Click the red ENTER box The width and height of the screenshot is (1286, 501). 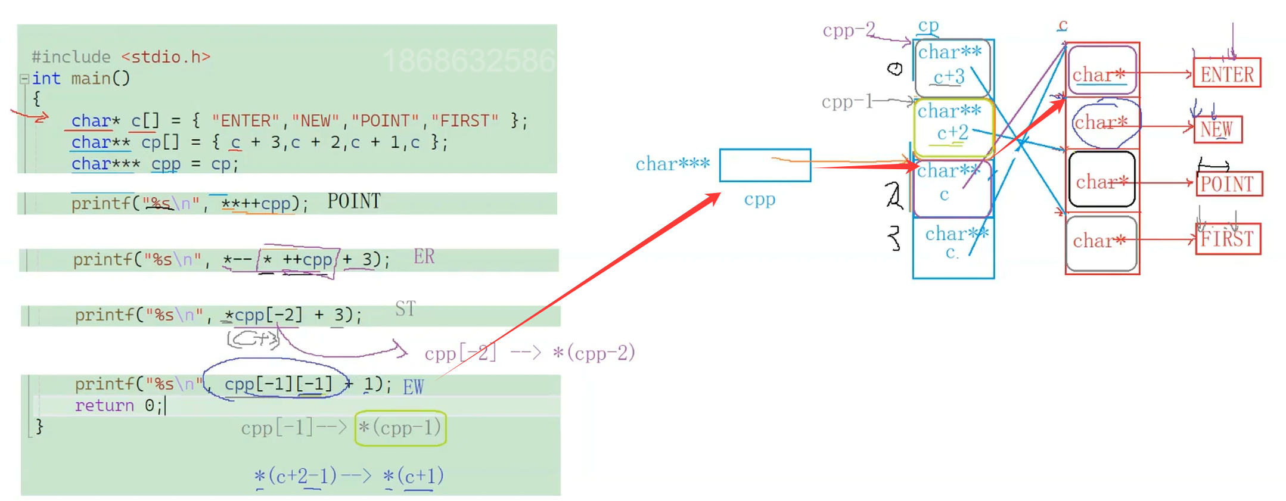coord(1226,73)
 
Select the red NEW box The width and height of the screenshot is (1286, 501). coord(1217,129)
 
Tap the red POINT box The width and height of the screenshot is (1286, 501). coord(1228,183)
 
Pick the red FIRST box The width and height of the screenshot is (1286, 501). coord(1228,239)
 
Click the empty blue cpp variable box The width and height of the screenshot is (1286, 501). coord(765,165)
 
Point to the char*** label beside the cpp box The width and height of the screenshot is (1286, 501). coord(672,164)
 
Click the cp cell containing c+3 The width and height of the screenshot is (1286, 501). coord(951,67)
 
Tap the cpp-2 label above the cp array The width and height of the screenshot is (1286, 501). coord(849,29)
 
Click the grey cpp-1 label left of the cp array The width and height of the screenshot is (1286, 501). coord(847,102)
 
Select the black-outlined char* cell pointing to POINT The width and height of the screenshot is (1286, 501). coord(1101,180)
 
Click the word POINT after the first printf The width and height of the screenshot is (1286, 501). coord(353,201)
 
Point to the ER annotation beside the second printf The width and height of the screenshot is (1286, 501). coord(424,257)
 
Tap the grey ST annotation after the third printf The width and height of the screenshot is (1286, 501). coord(405,309)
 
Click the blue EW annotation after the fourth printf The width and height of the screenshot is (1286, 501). coord(413,387)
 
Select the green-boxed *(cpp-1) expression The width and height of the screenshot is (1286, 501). coord(400,428)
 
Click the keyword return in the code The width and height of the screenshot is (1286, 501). coord(104,406)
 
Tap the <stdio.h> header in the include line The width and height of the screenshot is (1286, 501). coord(166,57)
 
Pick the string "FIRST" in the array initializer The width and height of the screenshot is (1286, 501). coord(464,121)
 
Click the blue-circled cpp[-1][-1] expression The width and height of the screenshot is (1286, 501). coord(278,384)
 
